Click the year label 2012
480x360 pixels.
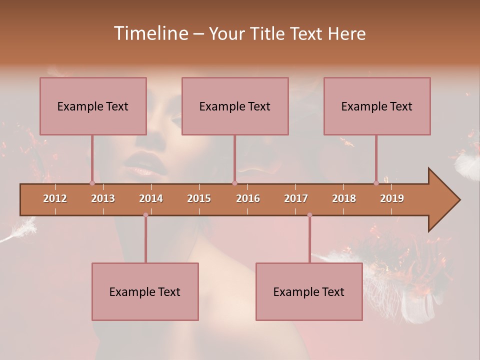coord(55,198)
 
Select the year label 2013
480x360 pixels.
coord(103,198)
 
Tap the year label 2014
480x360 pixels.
coord(151,198)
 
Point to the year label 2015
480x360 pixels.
coord(199,198)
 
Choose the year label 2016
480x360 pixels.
coord(248,198)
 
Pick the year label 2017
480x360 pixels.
coord(296,198)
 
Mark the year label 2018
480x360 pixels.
coord(344,198)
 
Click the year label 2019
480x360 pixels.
coord(392,198)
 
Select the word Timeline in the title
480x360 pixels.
coord(150,33)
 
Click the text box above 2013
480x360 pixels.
coord(93,106)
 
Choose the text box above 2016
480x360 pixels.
coord(235,106)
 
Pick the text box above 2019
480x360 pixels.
coord(377,106)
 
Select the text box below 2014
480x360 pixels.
coord(145,291)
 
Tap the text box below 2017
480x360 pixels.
coord(309,291)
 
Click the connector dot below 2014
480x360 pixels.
coord(145,215)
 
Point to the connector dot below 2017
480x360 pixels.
coord(309,215)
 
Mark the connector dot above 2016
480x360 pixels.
coord(234,183)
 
